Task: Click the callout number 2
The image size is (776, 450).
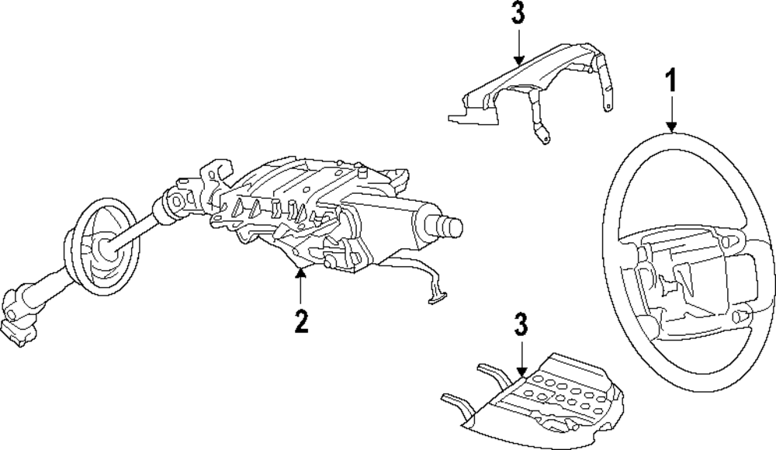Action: [x=301, y=321]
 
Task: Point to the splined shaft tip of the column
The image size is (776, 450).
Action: [x=450, y=226]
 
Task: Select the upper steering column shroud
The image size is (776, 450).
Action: [x=535, y=85]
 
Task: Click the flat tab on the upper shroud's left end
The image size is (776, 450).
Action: [x=462, y=116]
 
